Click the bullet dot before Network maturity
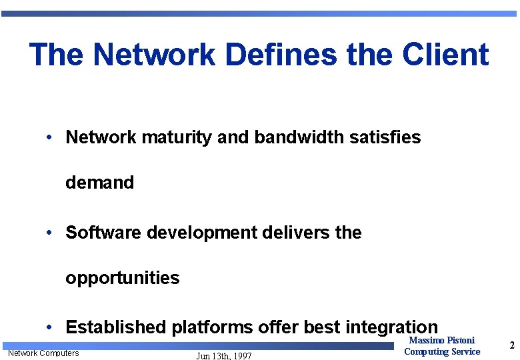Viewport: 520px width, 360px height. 50,138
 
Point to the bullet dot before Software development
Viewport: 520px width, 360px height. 50,233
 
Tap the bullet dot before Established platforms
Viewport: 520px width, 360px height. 50,327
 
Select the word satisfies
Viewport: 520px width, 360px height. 385,137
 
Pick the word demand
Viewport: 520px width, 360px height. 99,182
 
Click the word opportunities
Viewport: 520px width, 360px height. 122,278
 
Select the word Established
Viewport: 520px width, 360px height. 116,327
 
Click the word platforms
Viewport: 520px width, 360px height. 212,327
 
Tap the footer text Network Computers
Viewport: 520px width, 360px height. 43,353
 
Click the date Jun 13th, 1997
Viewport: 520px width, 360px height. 224,356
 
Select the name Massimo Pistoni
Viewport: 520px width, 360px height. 441,341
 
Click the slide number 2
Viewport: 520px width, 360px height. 511,345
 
